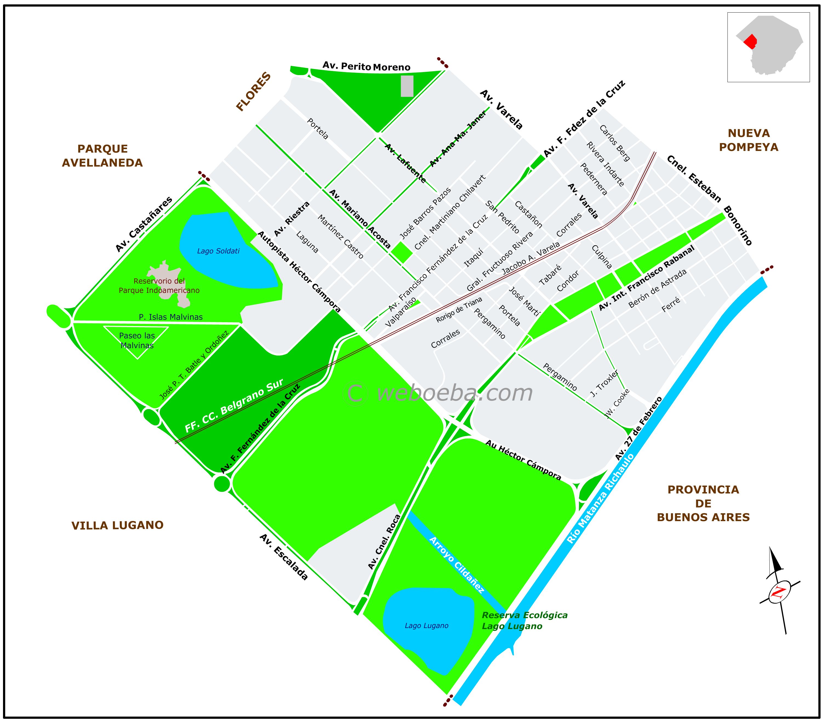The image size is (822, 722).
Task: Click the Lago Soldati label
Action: click(218, 251)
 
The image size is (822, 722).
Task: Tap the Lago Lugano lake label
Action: click(426, 626)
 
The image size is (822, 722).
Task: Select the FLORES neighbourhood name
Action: click(253, 92)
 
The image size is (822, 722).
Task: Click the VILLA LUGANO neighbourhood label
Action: click(118, 525)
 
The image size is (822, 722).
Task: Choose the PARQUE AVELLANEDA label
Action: click(102, 156)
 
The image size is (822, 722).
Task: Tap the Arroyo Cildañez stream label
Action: click(456, 564)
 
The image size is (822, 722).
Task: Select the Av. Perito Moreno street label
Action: click(366, 66)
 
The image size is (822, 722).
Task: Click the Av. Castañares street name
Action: click(144, 224)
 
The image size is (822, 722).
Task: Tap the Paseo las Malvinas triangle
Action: click(137, 340)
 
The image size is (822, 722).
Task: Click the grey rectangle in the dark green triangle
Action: click(407, 86)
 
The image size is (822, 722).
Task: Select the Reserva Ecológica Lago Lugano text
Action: click(524, 621)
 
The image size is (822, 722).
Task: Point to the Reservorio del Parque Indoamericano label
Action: click(159, 286)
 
